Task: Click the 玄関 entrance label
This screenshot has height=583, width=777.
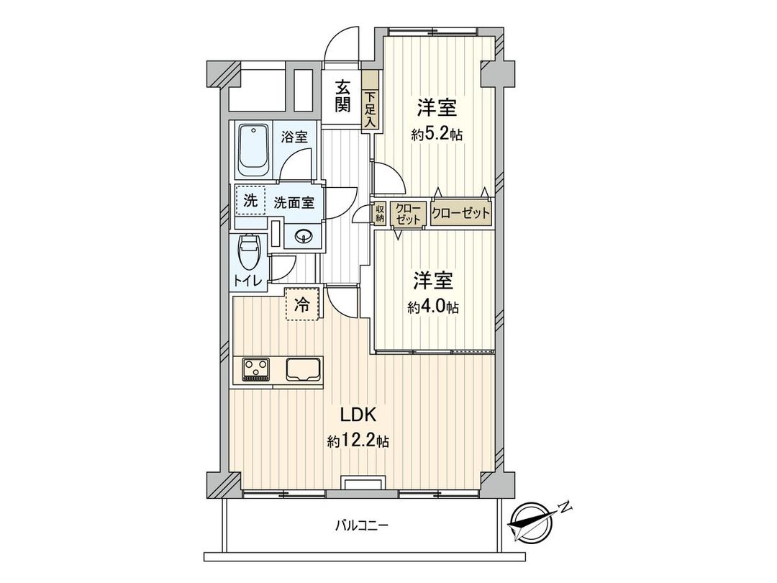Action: (x=342, y=95)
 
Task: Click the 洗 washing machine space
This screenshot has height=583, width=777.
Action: (x=250, y=202)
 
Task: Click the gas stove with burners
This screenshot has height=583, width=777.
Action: (x=255, y=369)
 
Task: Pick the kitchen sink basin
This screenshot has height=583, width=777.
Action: (x=304, y=369)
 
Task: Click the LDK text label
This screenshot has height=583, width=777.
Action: (x=356, y=415)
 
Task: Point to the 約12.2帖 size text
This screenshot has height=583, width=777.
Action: (x=358, y=441)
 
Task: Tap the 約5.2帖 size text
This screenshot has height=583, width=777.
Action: (x=437, y=135)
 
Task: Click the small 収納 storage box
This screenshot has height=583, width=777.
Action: (x=380, y=213)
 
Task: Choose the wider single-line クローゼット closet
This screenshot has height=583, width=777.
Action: (x=461, y=213)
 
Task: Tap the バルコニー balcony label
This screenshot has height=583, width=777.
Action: (x=362, y=525)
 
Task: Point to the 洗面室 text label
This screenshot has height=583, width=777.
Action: (x=294, y=202)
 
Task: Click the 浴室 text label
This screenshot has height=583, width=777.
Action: (x=294, y=136)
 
